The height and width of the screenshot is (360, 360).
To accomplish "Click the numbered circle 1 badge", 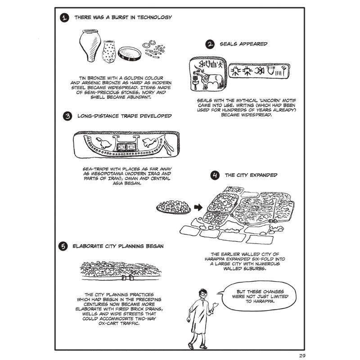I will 65,18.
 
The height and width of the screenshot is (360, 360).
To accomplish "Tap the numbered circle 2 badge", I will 210,44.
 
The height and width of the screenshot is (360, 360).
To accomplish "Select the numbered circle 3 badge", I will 67,117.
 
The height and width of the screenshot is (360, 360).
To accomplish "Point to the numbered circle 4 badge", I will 215,175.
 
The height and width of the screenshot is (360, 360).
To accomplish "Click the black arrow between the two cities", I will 198,207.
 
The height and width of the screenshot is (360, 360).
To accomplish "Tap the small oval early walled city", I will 174,207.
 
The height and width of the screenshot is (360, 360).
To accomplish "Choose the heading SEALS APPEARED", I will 243,44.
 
